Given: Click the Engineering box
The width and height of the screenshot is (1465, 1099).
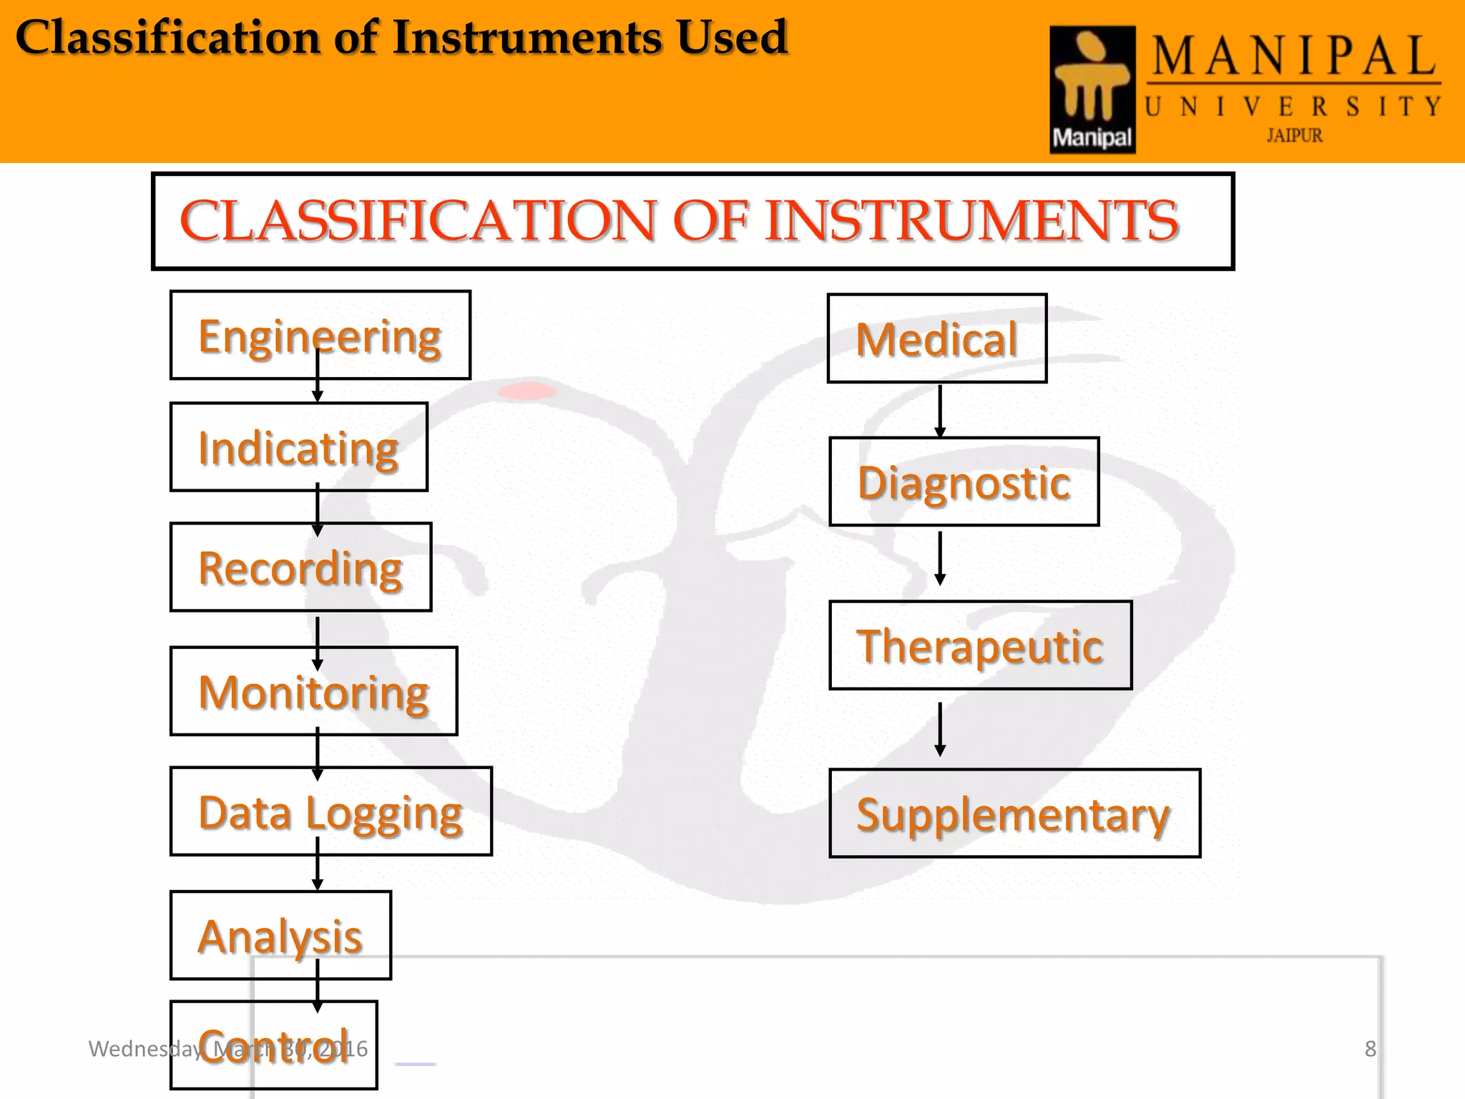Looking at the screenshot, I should click(x=320, y=336).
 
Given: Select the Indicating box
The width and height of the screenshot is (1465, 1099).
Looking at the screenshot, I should click(x=298, y=447).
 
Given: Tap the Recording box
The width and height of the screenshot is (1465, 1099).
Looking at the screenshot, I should click(x=300, y=567).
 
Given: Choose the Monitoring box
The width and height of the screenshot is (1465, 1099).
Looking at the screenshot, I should click(x=313, y=691).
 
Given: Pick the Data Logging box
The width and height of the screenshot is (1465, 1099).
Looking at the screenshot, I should click(x=330, y=811).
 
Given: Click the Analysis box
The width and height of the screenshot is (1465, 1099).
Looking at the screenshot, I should click(x=280, y=935).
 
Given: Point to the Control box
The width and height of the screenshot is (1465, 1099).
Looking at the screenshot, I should click(x=273, y=1045).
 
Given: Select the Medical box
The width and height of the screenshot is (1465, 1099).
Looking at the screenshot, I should click(x=937, y=338).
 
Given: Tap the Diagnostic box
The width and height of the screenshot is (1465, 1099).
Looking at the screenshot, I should click(x=964, y=482).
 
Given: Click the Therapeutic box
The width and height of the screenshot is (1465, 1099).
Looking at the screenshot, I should click(x=980, y=645).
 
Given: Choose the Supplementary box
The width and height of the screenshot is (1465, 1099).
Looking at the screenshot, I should click(x=1014, y=814).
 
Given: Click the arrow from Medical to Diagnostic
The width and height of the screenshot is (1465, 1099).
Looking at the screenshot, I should click(x=940, y=411).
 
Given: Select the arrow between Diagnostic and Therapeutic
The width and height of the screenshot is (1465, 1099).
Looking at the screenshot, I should click(x=940, y=558).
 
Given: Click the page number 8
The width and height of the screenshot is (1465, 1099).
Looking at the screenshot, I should click(x=1370, y=1049).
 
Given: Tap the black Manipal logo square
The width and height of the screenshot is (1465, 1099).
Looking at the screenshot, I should click(x=1092, y=89).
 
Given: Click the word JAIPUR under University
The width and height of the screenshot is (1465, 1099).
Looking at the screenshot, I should click(x=1294, y=135).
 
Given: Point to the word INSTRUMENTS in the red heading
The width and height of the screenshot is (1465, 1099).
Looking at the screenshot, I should click(x=971, y=220).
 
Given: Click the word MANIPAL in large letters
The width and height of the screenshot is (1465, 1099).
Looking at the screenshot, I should click(x=1293, y=57).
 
